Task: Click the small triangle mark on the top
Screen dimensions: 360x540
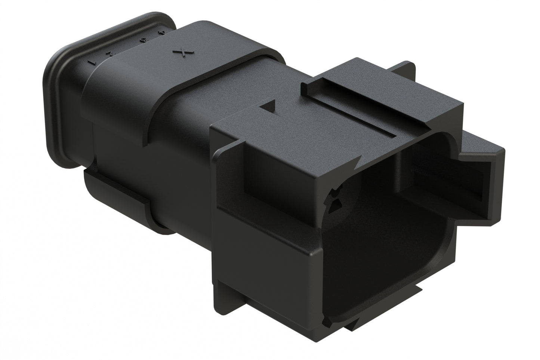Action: (x=269, y=107)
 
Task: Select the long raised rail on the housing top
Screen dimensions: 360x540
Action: (x=348, y=108)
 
